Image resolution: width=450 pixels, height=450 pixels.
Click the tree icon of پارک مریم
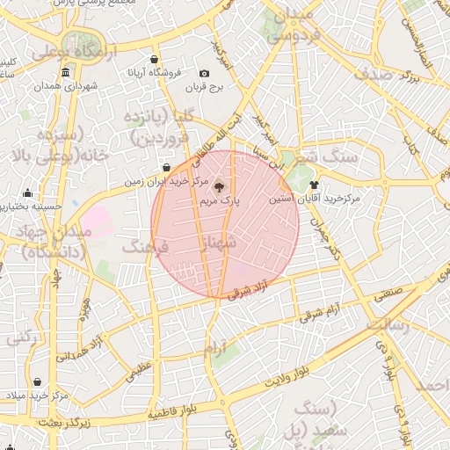click(x=220, y=186)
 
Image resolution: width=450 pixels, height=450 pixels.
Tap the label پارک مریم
click(x=220, y=201)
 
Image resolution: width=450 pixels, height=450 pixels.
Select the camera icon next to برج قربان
click(x=205, y=74)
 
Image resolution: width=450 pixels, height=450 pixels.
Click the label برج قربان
click(x=205, y=88)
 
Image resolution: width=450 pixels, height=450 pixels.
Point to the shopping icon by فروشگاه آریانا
click(x=155, y=59)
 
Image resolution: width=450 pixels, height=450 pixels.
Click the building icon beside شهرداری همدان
click(x=40, y=86)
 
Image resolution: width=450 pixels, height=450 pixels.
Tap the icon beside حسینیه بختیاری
click(x=27, y=193)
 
